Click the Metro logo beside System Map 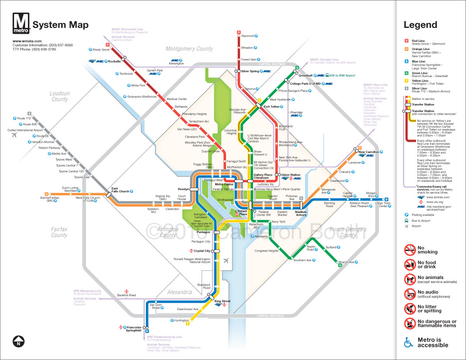pos(22,24)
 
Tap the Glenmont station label pos(248,36)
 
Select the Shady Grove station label pos(101,49)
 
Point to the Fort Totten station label pos(272,107)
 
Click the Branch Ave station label pos(346,262)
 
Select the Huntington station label pos(181,320)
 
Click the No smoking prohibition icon pos(409,250)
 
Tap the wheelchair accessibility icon pos(408,343)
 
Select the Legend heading pos(420,25)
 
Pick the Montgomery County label pos(189,49)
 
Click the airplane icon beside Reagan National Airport pos(226,261)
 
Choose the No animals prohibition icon pos(409,279)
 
